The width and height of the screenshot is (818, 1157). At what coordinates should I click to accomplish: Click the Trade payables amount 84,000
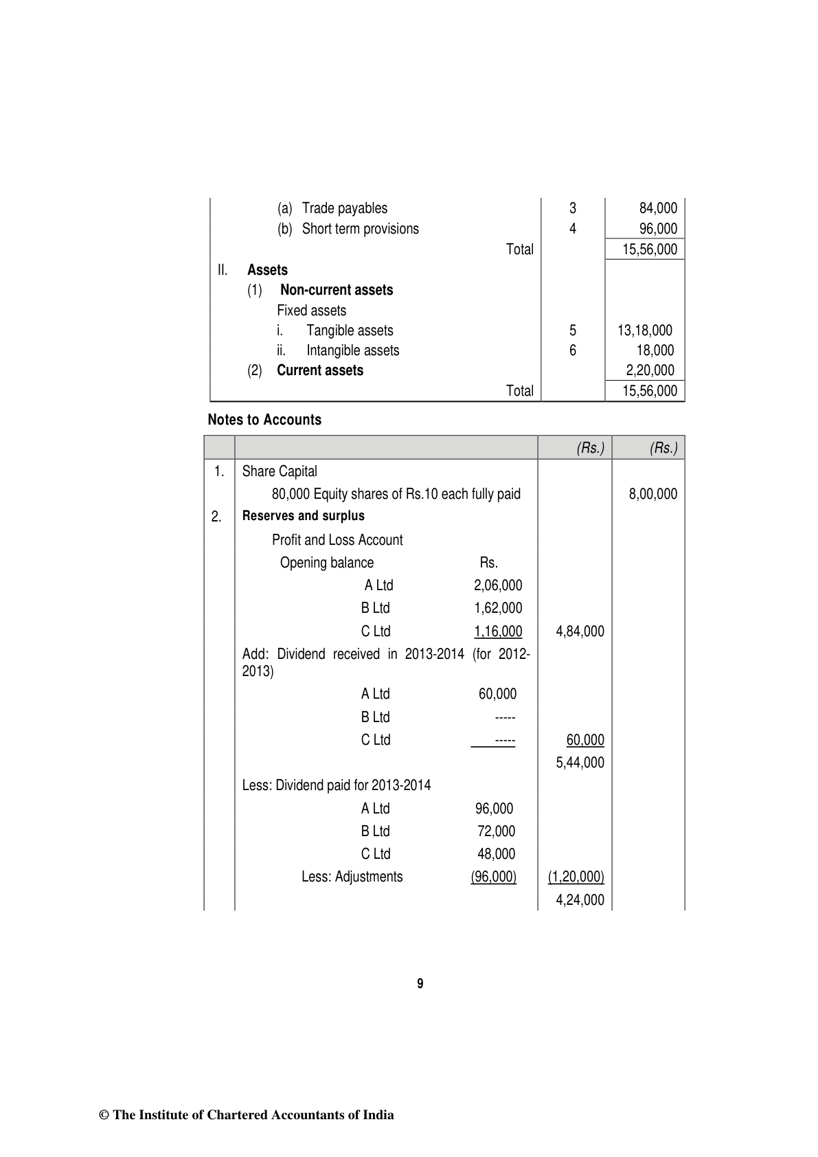pyautogui.click(x=657, y=208)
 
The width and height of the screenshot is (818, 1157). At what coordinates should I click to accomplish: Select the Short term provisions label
pyautogui.click(x=360, y=229)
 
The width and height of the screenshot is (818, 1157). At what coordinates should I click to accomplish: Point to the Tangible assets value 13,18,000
pyautogui.click(x=644, y=330)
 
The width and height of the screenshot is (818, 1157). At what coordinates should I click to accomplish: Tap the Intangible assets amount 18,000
pyautogui.click(x=655, y=350)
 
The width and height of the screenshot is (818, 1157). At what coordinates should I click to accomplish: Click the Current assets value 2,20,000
pyautogui.click(x=650, y=370)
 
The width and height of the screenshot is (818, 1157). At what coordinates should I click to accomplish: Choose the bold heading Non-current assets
pyautogui.click(x=337, y=290)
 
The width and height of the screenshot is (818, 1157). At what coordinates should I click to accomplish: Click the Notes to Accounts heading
pyautogui.click(x=264, y=420)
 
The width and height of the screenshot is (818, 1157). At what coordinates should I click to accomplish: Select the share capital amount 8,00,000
pyautogui.click(x=652, y=494)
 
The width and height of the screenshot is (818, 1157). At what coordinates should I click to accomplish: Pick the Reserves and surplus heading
pyautogui.click(x=303, y=516)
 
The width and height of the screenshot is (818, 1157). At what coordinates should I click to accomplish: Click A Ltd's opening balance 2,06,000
pyautogui.click(x=497, y=585)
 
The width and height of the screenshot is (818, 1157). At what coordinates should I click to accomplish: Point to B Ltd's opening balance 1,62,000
pyautogui.click(x=497, y=608)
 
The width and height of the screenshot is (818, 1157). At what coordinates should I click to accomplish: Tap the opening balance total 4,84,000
pyautogui.click(x=580, y=631)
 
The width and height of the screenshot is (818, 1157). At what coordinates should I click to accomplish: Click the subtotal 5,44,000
pyautogui.click(x=580, y=763)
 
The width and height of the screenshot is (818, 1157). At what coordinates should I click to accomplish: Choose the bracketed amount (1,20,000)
pyautogui.click(x=576, y=877)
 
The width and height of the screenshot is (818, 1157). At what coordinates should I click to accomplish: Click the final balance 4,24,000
pyautogui.click(x=580, y=900)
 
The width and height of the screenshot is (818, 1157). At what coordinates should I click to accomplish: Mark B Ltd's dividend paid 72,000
pyautogui.click(x=496, y=831)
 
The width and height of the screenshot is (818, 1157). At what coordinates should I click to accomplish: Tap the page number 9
pyautogui.click(x=420, y=984)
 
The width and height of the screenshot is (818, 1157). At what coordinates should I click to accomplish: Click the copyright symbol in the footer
pyautogui.click(x=104, y=1115)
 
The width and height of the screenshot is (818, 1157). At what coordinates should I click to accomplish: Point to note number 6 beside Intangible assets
pyautogui.click(x=573, y=350)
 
